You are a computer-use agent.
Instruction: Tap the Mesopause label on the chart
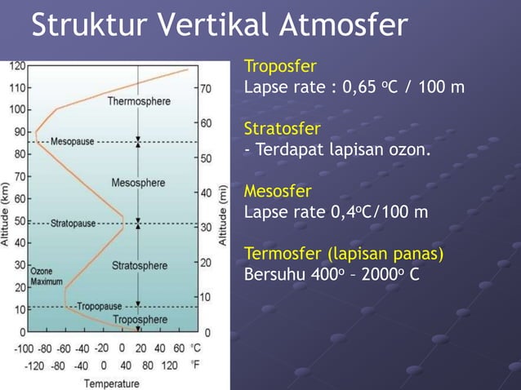[x=73, y=141]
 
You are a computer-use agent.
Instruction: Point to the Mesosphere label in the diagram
[x=138, y=182]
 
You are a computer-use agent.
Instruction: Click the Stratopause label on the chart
[x=73, y=223]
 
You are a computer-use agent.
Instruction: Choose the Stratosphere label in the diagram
[x=140, y=265]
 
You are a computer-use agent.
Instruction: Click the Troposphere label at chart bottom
[x=140, y=319]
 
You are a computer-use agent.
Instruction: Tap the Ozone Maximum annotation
[x=47, y=276]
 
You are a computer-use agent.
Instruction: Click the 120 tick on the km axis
[x=16, y=64]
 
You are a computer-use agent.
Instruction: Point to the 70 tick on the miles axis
[x=206, y=87]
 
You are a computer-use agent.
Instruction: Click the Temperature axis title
[x=111, y=383]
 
